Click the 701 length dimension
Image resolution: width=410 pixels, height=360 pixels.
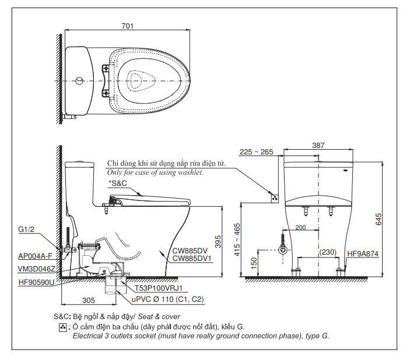click(127, 26)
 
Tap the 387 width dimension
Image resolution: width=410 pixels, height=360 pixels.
click(318, 145)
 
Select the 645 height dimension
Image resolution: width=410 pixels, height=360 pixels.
click(378, 219)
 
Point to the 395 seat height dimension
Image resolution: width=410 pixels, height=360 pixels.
click(218, 242)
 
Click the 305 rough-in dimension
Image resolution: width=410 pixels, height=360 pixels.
click(89, 300)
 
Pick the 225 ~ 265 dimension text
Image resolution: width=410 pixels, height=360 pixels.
click(256, 152)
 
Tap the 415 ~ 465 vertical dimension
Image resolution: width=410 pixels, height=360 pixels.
click(237, 239)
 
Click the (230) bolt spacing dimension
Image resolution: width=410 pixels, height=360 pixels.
click(328, 252)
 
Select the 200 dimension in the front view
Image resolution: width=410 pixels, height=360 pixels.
click(300, 227)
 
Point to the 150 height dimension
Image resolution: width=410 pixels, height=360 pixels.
click(254, 264)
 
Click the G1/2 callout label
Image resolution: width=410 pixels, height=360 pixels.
click(26, 229)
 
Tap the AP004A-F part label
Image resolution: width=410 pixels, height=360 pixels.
click(36, 256)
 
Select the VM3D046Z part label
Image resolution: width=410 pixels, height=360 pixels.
click(36, 269)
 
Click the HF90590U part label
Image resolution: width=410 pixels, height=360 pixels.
click(36, 282)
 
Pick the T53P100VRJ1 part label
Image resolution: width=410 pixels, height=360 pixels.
click(158, 288)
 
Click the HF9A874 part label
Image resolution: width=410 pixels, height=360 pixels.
click(363, 253)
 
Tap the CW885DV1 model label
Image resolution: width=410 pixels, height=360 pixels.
click(192, 259)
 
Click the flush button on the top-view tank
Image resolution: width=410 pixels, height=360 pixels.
click(79, 81)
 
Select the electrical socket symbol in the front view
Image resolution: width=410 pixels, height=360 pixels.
click(275, 199)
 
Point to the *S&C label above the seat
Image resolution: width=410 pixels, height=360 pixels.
click(118, 183)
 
